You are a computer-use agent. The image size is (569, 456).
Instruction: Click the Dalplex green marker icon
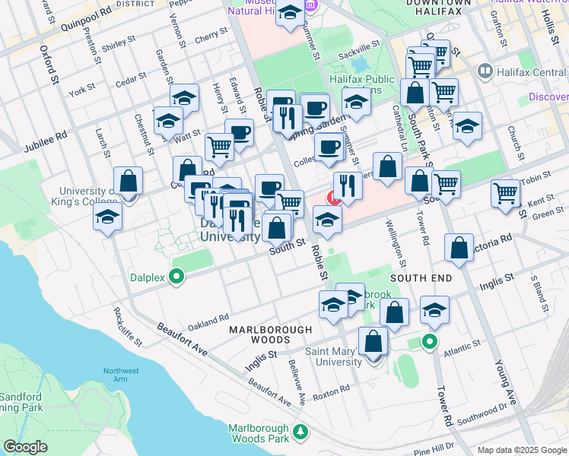177,276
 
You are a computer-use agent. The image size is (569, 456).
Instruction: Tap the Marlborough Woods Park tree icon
301,432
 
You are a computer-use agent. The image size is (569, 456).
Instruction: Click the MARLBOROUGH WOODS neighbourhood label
271,330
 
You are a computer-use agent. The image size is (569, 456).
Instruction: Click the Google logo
25,447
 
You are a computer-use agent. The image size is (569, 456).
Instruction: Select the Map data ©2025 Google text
521,450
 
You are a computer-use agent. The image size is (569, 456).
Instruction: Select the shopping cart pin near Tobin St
506,193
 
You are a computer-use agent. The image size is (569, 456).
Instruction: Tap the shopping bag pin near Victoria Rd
460,249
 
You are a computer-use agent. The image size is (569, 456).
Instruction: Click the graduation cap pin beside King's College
108,217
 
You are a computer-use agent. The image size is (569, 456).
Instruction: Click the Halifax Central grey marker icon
485,71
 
